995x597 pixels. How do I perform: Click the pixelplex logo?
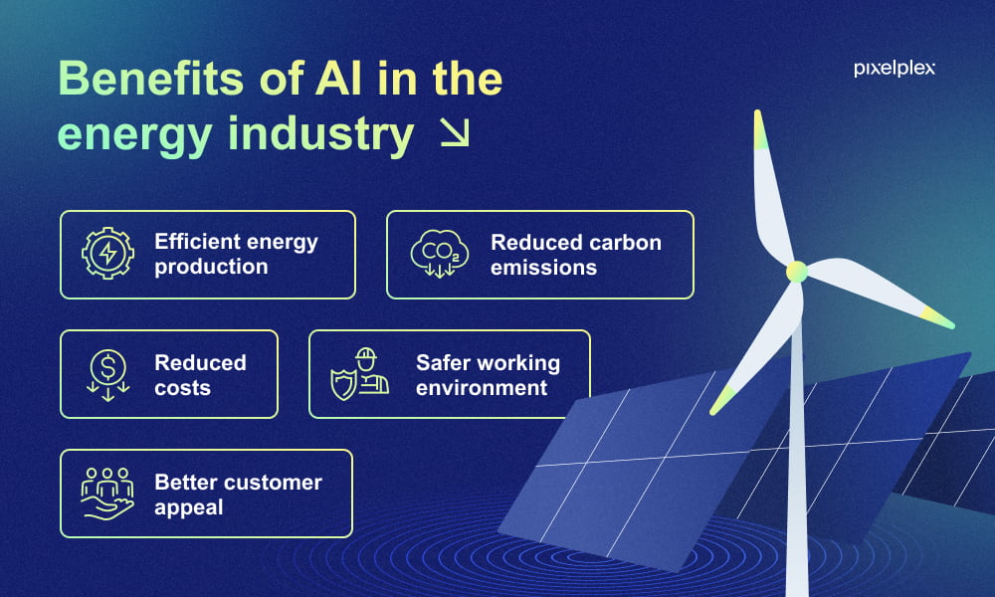895,69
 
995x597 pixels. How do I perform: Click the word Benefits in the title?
151,79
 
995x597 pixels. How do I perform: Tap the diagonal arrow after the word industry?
455,132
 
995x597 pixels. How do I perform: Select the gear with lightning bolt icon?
107,253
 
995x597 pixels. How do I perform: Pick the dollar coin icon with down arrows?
107,375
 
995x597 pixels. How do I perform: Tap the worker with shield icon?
360,374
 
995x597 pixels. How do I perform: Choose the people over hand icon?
107,495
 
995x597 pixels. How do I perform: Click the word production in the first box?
211,267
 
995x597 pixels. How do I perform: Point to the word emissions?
544,268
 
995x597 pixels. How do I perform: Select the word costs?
182,388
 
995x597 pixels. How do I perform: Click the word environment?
482,388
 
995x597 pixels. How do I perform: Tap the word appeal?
188,507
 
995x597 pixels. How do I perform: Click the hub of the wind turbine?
796,272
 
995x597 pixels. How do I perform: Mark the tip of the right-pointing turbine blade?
952,325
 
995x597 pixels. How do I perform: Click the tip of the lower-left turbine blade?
712,412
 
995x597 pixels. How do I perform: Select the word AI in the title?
339,79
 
